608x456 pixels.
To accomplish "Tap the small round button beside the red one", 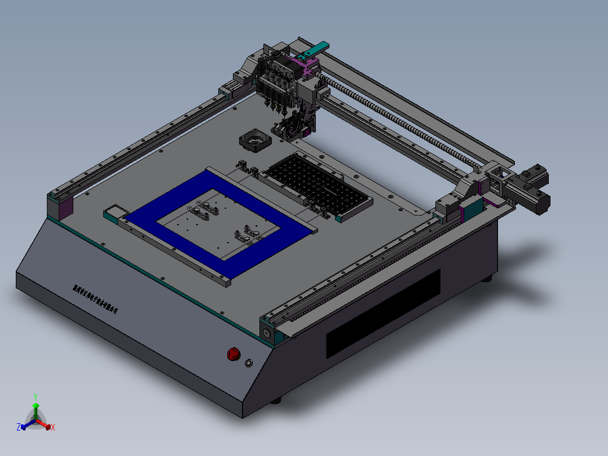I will coord(249,363).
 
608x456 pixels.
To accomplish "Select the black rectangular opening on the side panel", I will coord(383,313).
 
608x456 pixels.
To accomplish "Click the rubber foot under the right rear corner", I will coord(487,278).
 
